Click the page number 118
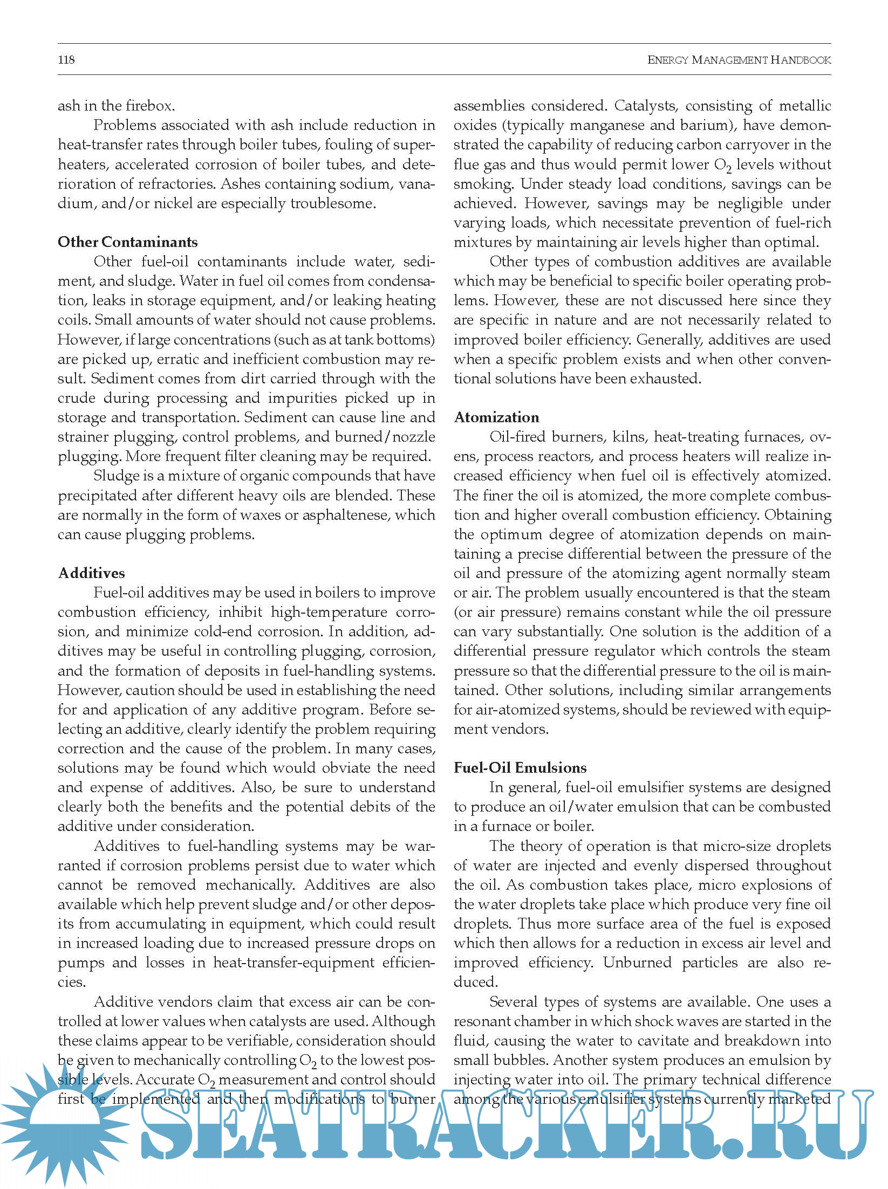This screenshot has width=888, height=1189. (66, 60)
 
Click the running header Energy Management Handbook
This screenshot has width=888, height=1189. (739, 60)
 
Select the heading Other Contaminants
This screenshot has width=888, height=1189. (128, 242)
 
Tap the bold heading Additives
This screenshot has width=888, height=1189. (92, 573)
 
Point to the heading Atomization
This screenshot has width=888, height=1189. (496, 417)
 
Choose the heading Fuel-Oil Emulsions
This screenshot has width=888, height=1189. (520, 767)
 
